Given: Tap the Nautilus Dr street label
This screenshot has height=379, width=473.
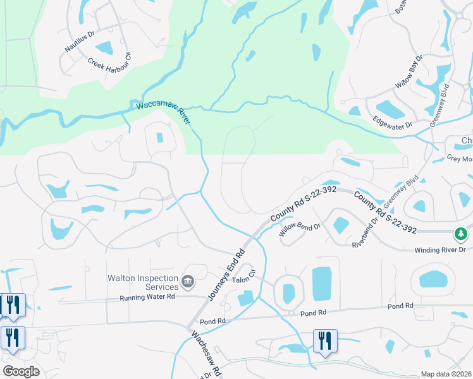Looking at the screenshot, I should tap(79, 41).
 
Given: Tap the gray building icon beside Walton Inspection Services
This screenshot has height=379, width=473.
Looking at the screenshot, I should tap(187, 281).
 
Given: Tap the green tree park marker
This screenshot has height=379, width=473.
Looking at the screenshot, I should tap(462, 234).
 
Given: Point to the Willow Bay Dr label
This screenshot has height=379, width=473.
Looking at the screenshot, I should tap(408, 71).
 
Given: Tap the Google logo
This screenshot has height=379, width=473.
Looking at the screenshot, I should tap(20, 371).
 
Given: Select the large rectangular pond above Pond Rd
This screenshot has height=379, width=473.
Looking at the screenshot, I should tap(321, 284).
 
